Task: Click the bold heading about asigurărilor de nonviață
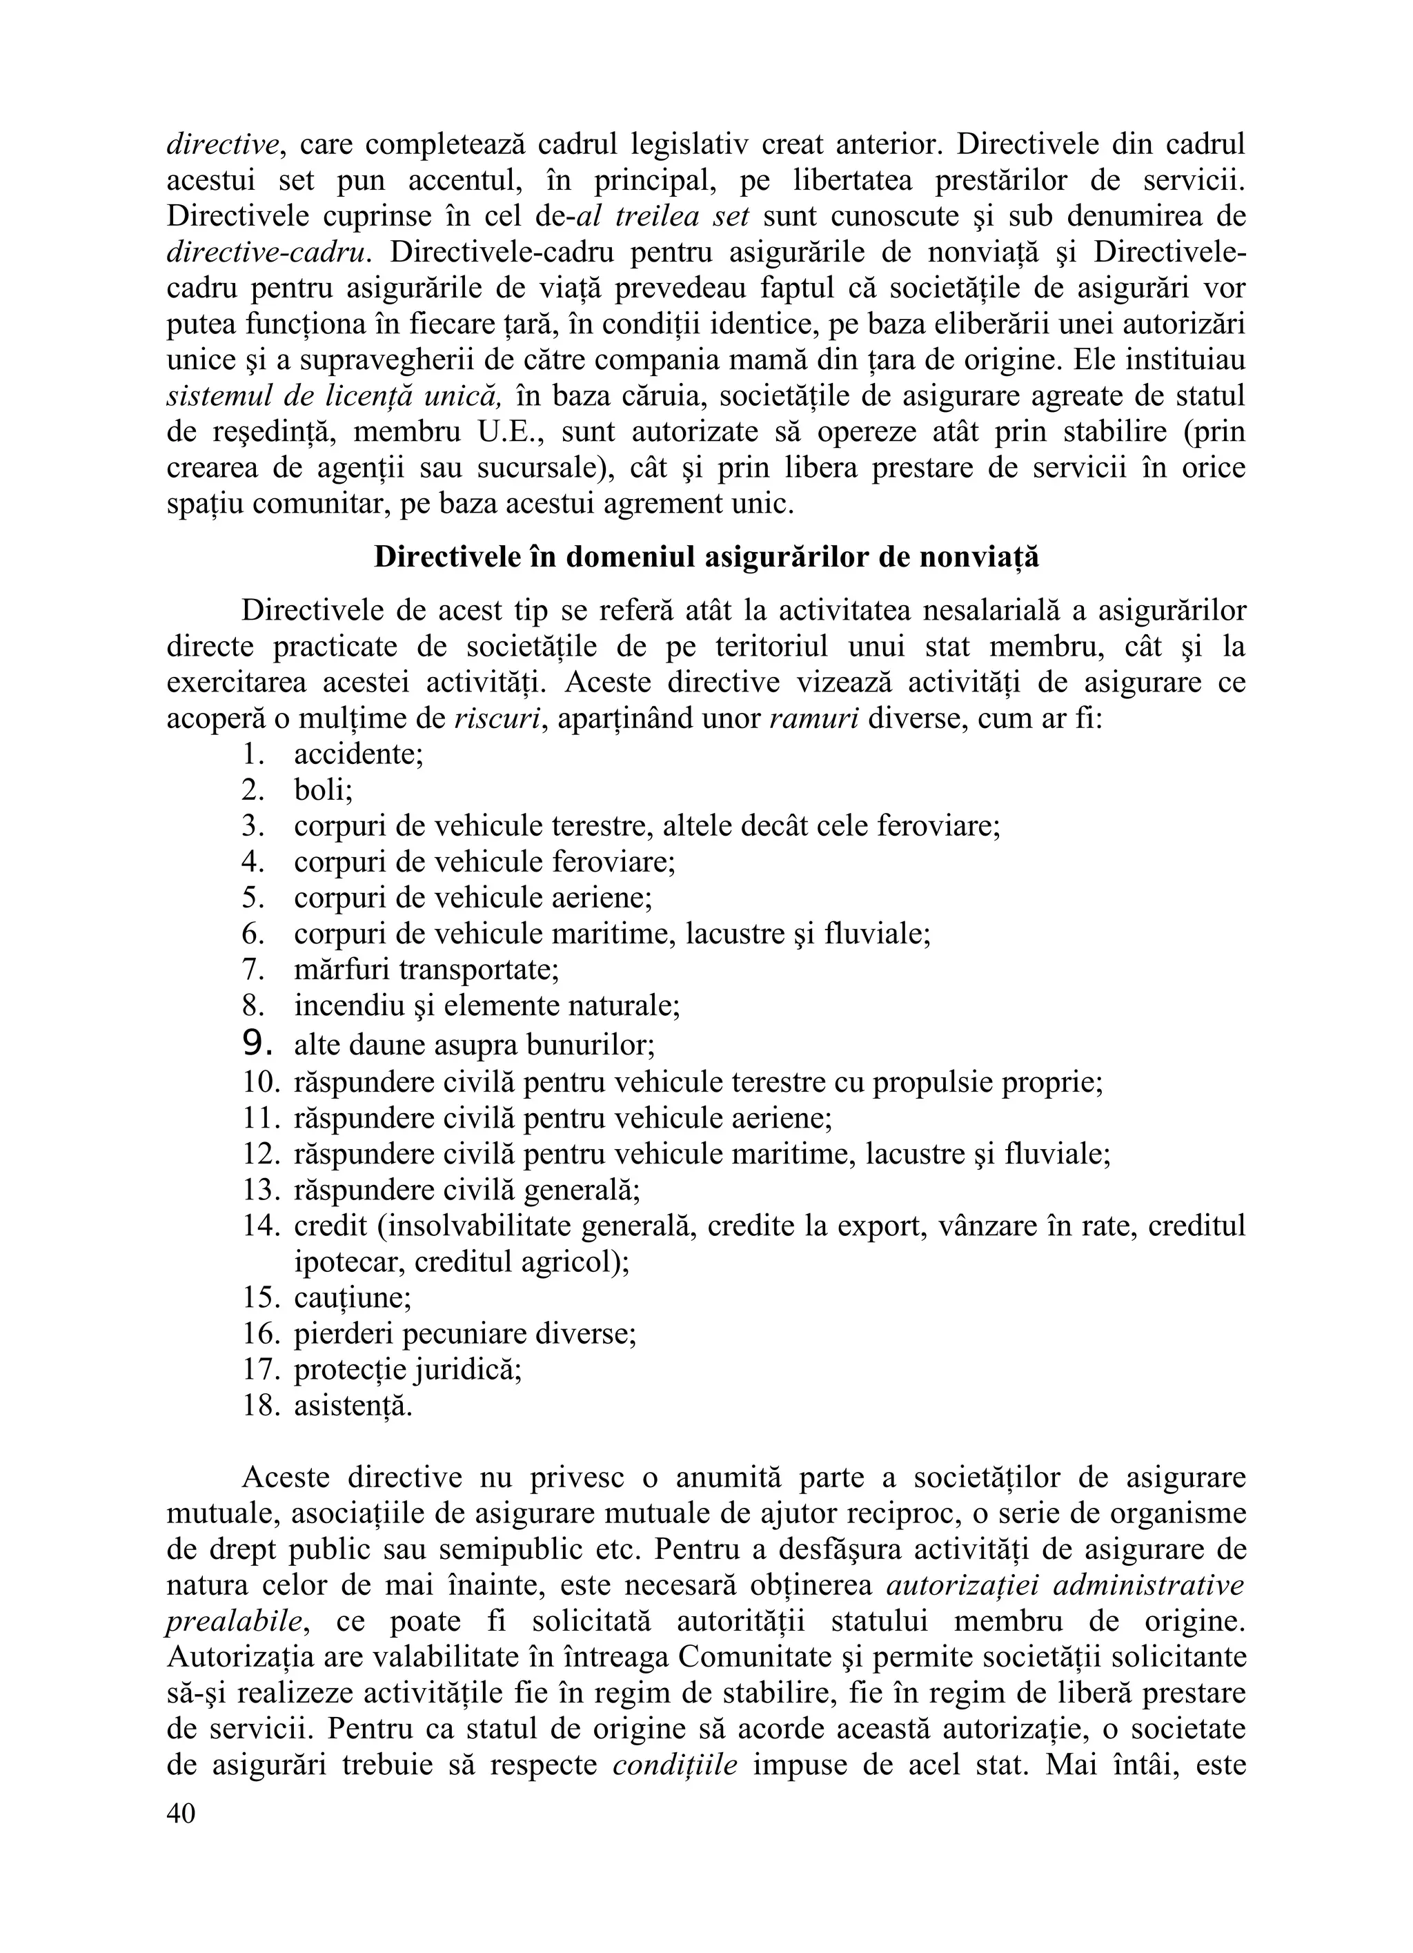click(x=706, y=557)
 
